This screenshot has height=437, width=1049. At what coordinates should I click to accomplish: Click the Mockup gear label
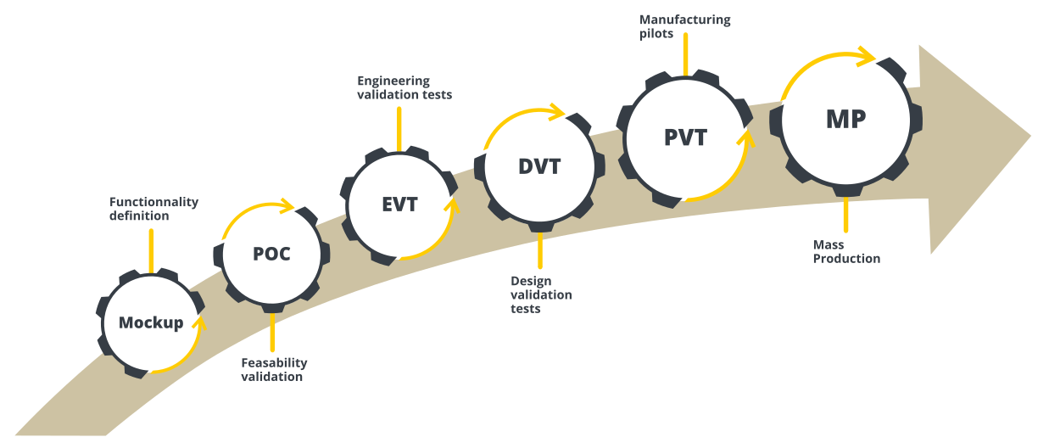pos(151,322)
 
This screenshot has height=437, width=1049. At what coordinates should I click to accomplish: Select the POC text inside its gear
pos(271,254)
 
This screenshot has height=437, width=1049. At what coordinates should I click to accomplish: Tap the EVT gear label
pos(399,204)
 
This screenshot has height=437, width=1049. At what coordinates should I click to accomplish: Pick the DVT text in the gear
pos(539,166)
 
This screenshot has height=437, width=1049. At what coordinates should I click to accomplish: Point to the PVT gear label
pos(685,137)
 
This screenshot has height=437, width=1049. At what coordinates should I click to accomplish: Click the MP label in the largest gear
pos(845,120)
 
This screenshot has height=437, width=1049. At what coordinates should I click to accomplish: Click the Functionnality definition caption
pos(153,209)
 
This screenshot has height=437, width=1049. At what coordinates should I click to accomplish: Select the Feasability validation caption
pos(273,369)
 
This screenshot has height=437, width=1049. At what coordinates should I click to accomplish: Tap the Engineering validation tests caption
pos(404,87)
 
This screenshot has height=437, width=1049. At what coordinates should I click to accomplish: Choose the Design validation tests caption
pos(540,294)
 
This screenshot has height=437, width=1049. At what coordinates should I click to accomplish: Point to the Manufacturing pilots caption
pos(684,27)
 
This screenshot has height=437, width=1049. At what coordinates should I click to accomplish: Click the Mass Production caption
pos(845,251)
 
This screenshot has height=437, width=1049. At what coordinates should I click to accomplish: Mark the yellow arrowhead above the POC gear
pos(287,205)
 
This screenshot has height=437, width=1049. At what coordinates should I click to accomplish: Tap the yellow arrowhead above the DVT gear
pos(557,110)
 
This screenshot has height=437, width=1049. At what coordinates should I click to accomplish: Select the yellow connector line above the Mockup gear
pos(151,250)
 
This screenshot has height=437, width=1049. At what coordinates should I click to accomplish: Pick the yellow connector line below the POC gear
pos(272,333)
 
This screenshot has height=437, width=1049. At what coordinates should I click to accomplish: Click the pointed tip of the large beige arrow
pos(1030,136)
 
